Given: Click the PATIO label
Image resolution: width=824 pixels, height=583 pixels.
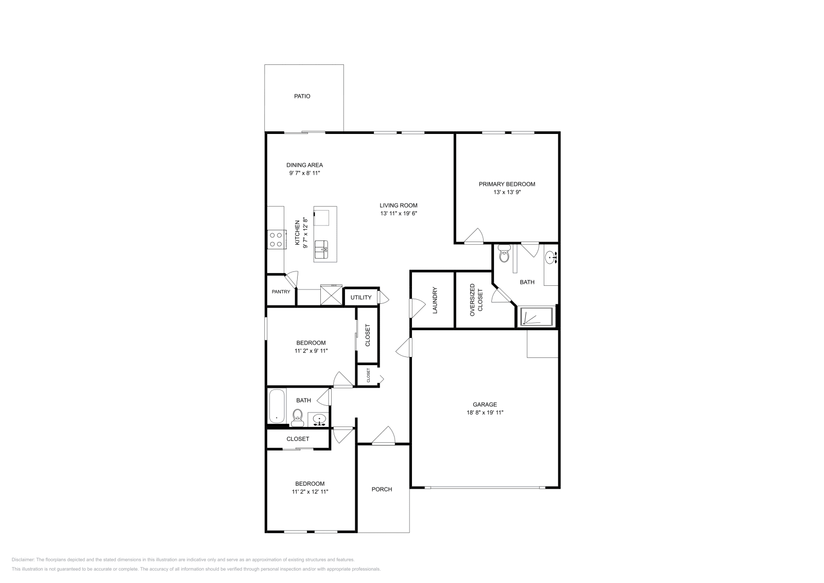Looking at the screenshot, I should (x=302, y=96).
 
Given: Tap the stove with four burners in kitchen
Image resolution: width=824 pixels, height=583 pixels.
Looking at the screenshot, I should (x=276, y=239).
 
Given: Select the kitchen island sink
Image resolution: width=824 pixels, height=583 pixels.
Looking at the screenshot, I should (x=321, y=249).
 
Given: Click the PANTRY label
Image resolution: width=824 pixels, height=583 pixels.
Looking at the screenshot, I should (x=281, y=292).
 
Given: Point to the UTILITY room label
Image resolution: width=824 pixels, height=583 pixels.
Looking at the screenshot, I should (x=361, y=298).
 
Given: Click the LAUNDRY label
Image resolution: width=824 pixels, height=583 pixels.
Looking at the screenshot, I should (x=435, y=300).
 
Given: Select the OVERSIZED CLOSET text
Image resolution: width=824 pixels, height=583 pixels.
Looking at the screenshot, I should (x=476, y=300).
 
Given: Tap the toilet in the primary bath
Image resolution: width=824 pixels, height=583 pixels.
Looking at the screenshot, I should (x=504, y=255).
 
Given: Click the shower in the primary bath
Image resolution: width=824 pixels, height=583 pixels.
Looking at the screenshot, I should (x=536, y=317).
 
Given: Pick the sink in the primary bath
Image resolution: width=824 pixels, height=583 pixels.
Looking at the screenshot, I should (x=551, y=257).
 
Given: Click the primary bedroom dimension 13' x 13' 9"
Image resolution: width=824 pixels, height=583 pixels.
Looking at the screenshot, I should (x=507, y=192).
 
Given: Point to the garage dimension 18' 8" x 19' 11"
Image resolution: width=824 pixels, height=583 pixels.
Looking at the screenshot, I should (x=485, y=413).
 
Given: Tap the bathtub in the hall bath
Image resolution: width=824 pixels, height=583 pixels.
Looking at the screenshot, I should (x=277, y=406).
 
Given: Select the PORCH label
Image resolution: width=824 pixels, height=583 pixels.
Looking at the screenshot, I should (x=382, y=489).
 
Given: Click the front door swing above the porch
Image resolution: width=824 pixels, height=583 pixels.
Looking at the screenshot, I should (x=383, y=436).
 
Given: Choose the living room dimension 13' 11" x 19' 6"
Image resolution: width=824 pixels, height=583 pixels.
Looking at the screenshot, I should (x=398, y=213).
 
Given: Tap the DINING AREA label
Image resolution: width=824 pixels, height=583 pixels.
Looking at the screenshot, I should (x=304, y=165).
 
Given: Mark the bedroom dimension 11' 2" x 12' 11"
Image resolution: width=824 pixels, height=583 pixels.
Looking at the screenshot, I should (x=310, y=492).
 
